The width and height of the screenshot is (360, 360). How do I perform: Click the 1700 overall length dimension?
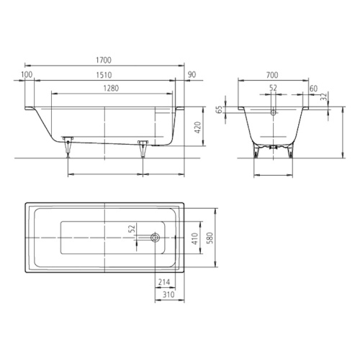coord(104,60)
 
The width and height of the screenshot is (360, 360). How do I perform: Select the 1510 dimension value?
coord(104,75)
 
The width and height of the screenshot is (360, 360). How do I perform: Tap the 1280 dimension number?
coord(111,89)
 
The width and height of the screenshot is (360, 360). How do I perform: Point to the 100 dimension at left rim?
coord(27,75)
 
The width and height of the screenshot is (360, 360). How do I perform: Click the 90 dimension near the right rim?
coord(192,75)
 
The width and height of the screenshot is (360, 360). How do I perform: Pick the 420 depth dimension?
coord(197,127)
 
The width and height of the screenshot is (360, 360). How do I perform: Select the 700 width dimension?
coord(272,75)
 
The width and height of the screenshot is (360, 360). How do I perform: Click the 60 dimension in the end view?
coord(313,89)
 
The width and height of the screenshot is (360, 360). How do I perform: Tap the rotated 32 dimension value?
coord(324,96)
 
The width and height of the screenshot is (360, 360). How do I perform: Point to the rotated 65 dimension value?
coord(219,110)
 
